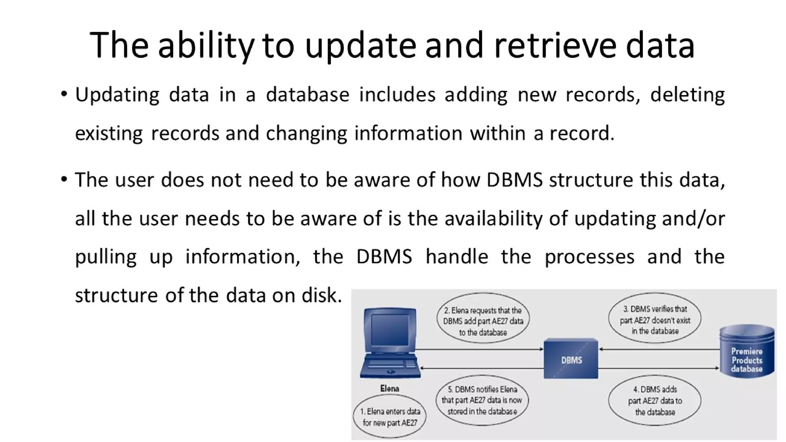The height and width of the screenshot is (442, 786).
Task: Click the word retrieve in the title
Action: point(555,46)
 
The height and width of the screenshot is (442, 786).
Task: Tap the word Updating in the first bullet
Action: point(117,95)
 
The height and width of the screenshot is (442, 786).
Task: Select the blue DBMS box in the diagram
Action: point(571,359)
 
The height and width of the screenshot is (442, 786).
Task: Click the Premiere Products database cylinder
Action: point(746,351)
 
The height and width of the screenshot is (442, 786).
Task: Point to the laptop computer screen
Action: point(390,329)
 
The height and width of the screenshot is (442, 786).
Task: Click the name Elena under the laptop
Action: point(390,389)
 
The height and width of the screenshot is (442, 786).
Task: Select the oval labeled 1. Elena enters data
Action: point(390,417)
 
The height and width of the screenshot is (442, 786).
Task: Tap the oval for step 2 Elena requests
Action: point(483,321)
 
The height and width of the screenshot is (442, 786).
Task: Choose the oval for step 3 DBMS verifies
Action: point(655,320)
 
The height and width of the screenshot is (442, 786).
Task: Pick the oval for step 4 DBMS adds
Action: point(655,401)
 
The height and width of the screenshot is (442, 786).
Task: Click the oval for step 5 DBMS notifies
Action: point(482,400)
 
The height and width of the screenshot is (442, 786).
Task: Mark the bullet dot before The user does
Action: point(64,179)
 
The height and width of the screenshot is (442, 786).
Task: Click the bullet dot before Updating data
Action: point(64,94)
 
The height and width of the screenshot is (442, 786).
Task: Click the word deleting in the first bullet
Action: point(687,95)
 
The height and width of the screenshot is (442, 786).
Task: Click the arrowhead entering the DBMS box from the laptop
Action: point(541,349)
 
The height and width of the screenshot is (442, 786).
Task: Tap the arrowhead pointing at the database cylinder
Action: point(717,368)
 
